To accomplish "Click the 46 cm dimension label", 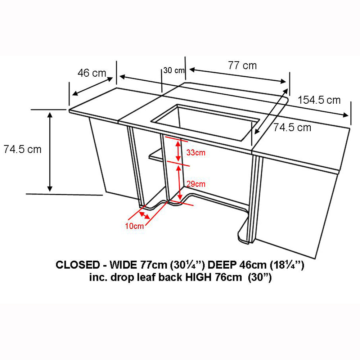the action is coord(92,73).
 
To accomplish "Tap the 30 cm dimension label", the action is coord(174,70).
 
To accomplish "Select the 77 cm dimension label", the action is coord(242,66).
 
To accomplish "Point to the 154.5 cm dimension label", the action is coord(319,100).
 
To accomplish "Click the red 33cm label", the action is coord(195,152).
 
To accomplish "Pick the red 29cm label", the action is coord(196,184).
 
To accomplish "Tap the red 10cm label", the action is coord(134,226).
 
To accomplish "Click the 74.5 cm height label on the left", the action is coord(22,149).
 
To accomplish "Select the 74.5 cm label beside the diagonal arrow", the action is coord(292,127).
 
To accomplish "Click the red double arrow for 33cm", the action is coord(178,151).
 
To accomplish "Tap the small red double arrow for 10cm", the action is coord(144,215).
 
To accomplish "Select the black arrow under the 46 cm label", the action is coord(93,86).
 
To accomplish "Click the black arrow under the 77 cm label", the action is coord(238,76).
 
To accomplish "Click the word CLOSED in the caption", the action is coord(78,265).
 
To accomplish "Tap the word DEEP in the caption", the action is coord(222,265).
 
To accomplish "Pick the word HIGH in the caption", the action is coord(198,277).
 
